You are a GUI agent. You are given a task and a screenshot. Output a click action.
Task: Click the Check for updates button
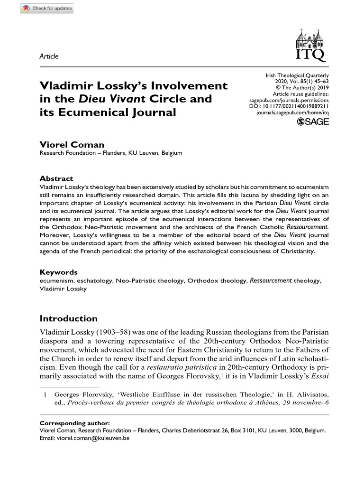coord(47,9)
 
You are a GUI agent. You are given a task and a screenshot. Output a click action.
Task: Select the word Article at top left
coord(49,56)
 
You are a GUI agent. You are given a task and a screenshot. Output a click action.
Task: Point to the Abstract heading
coord(56,178)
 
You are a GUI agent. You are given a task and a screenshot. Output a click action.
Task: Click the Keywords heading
coord(58,272)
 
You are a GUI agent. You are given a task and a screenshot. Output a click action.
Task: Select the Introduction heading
coord(69,318)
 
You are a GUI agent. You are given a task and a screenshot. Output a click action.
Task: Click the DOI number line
coord(289,108)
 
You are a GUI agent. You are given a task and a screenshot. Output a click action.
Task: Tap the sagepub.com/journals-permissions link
coord(289,101)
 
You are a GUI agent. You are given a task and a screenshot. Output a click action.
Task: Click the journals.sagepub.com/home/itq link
coord(292,114)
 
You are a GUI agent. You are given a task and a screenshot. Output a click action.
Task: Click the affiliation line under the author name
coord(110,153)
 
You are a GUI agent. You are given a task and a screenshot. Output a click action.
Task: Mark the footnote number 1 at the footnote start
coord(45,395)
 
